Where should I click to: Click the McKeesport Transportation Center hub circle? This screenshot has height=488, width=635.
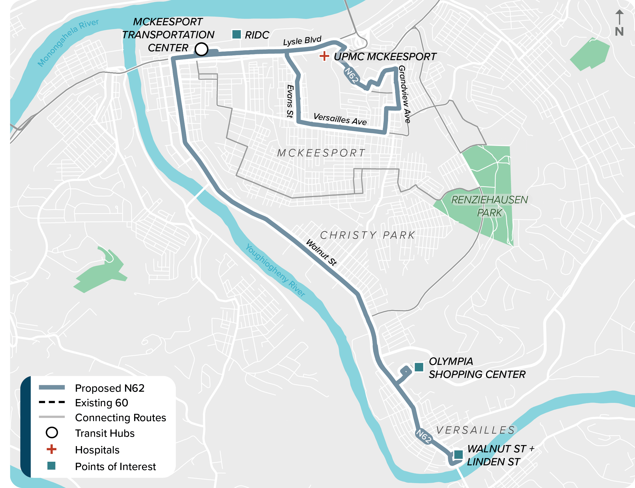(x=201, y=49)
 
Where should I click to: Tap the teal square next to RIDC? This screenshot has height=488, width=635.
(x=236, y=34)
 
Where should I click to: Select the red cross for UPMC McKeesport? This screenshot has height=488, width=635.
(x=324, y=56)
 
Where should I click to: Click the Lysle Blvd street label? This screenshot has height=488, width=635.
(x=302, y=41)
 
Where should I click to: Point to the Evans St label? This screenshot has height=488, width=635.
(x=290, y=101)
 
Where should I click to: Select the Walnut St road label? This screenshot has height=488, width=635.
(x=321, y=252)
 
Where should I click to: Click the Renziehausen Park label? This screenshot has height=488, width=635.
(x=489, y=206)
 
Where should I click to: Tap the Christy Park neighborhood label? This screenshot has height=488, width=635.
(x=368, y=235)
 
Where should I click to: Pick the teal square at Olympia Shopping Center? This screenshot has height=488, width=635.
(x=419, y=367)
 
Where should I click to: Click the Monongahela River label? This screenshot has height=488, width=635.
(x=68, y=42)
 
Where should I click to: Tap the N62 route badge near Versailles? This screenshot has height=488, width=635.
(x=424, y=436)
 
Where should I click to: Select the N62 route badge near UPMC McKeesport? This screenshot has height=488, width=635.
(x=352, y=75)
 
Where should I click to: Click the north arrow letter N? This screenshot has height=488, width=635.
(x=619, y=31)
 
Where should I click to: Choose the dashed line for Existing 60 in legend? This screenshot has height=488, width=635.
(x=52, y=402)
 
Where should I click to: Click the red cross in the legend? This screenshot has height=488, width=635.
(x=51, y=449)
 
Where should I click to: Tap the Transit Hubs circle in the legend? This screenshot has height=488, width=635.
(x=52, y=433)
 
